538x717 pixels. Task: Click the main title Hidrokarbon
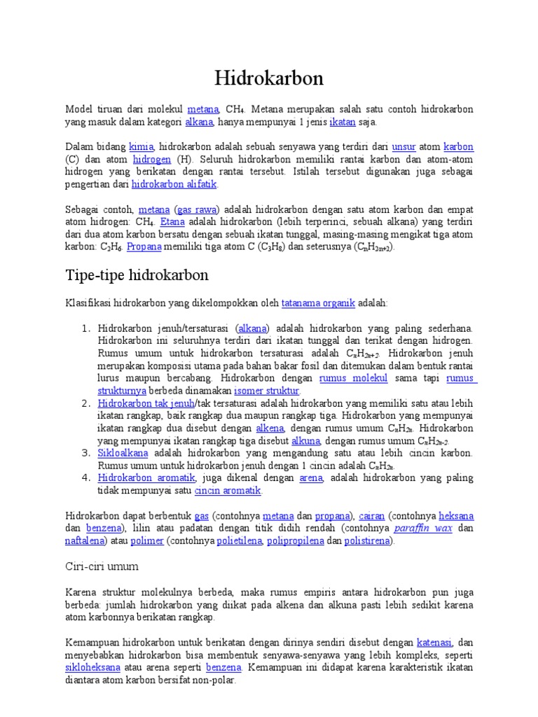[269, 78]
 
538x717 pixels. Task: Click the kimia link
[141, 147]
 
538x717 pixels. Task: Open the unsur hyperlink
[404, 147]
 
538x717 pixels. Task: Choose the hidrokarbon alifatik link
[174, 185]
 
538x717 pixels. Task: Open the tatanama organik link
[318, 303]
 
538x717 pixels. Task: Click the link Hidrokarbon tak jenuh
[146, 403]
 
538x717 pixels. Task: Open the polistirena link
[368, 541]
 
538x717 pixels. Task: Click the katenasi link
[434, 641]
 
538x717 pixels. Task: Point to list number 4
[86, 478]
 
